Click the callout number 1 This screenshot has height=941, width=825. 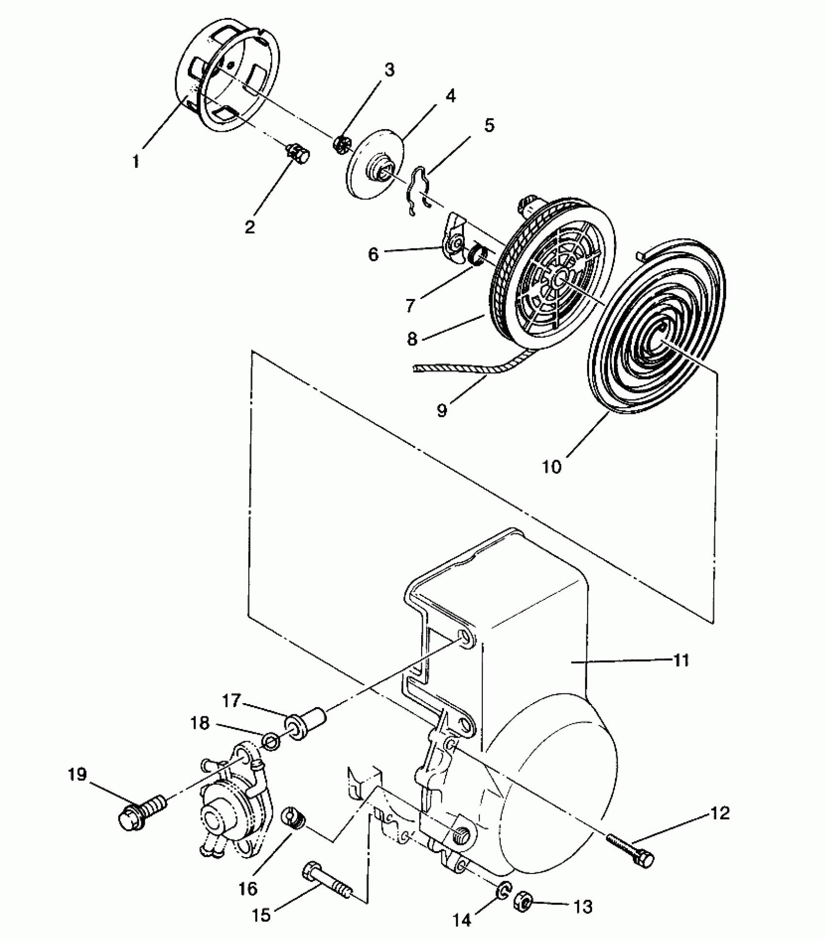tap(136, 161)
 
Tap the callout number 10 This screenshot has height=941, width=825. tap(552, 467)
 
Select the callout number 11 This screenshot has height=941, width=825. tap(681, 660)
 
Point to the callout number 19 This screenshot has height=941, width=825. tap(78, 775)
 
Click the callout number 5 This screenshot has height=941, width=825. tap(489, 125)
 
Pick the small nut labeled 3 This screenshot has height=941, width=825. tap(339, 144)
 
